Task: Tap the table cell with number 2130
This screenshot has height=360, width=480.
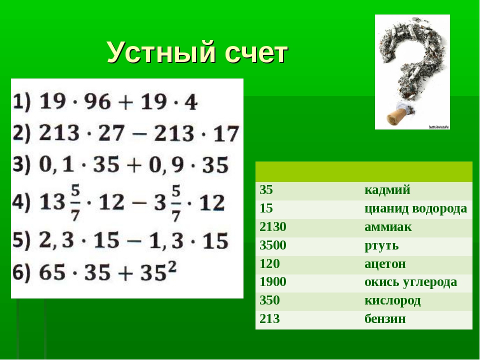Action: [x=273, y=227]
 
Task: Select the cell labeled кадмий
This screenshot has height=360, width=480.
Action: [x=387, y=190]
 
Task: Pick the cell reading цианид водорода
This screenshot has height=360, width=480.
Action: [x=415, y=209]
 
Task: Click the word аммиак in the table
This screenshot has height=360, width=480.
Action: [x=388, y=227]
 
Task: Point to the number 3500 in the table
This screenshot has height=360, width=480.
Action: [x=273, y=245]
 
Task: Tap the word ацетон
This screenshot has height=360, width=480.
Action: [x=385, y=264]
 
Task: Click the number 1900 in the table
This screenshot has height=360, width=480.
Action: [x=273, y=282]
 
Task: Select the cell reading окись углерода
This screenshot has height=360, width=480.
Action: [x=410, y=282]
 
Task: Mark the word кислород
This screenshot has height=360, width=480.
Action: [x=392, y=301]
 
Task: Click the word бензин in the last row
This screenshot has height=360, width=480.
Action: [x=385, y=319]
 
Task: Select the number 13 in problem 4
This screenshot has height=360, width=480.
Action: [x=52, y=202]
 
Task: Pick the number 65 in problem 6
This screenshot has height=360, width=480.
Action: [x=52, y=272]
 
